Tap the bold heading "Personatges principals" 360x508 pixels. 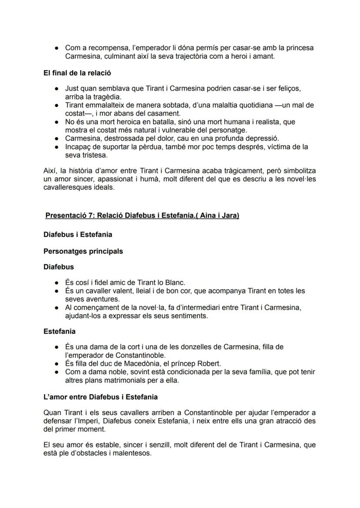(83, 251)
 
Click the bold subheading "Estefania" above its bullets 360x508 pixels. (60, 331)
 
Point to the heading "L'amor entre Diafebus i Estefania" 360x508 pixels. (100, 397)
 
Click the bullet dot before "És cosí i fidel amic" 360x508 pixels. (57, 283)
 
